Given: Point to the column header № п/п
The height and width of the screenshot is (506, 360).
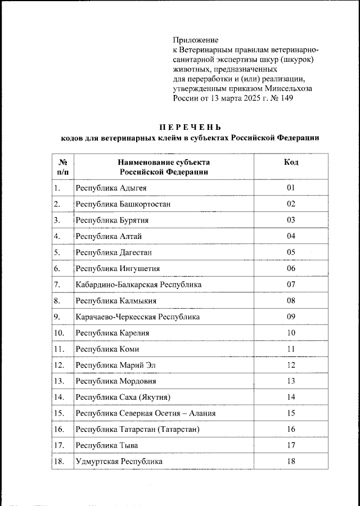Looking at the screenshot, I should [62, 167].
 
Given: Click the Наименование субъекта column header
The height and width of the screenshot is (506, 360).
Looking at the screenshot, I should [163, 167].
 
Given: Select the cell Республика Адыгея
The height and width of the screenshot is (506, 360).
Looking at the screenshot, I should [111, 188].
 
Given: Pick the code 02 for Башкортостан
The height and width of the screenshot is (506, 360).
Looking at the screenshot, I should [291, 204].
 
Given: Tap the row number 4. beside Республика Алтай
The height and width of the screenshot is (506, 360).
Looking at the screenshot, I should [57, 236].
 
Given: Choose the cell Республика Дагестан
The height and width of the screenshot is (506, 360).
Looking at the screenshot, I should [114, 252].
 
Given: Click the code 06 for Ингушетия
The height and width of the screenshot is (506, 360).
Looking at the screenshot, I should [291, 268].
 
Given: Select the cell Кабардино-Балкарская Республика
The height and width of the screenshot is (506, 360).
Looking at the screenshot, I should [138, 284].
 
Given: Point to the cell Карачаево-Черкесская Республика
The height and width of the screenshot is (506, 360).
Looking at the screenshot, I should [138, 317].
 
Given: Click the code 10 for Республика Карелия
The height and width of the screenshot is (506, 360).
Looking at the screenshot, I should [291, 333].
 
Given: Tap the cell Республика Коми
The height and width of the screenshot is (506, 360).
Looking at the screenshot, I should [107, 349].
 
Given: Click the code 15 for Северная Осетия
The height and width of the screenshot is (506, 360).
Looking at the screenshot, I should [291, 413].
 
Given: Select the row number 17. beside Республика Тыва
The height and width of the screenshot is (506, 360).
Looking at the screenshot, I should [59, 446].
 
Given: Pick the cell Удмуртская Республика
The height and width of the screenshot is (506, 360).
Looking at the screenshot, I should [119, 462].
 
